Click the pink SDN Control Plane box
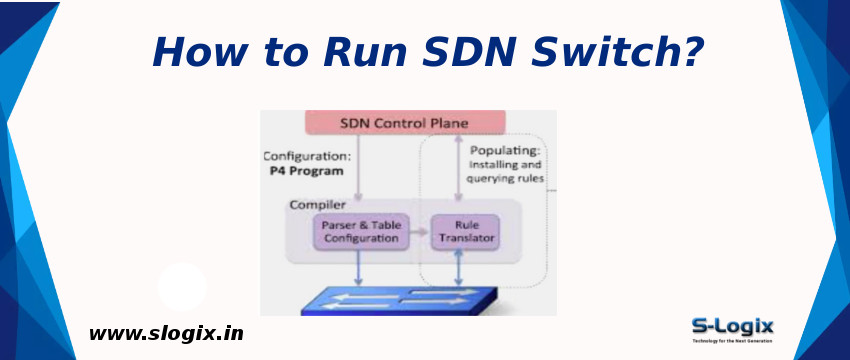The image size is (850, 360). (x=403, y=123)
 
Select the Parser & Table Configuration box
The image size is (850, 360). (x=360, y=232)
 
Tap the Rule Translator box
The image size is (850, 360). (x=464, y=232)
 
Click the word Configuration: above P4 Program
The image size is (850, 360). (x=307, y=156)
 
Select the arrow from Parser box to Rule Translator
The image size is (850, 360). (x=417, y=232)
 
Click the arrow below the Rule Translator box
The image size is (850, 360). (x=458, y=268)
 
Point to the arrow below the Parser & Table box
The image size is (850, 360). (x=359, y=268)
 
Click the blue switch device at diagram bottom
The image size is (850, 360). (x=400, y=301)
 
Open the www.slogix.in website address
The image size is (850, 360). (x=166, y=334)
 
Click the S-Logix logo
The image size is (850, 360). (x=732, y=329)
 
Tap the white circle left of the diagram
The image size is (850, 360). (x=182, y=287)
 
